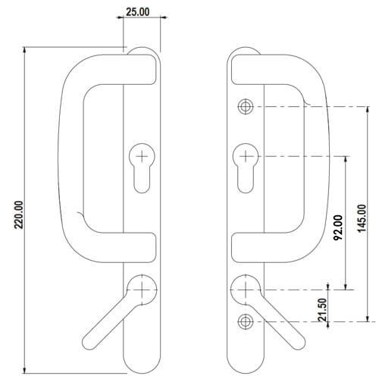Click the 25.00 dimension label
coord(138,11)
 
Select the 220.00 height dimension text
coord(19,215)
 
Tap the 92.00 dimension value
coord(339,227)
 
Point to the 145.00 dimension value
coord(362,218)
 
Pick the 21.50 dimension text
coord(323,310)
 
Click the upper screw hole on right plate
coord(246,106)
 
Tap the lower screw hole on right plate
coord(246,321)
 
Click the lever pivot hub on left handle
coord(142,290)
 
